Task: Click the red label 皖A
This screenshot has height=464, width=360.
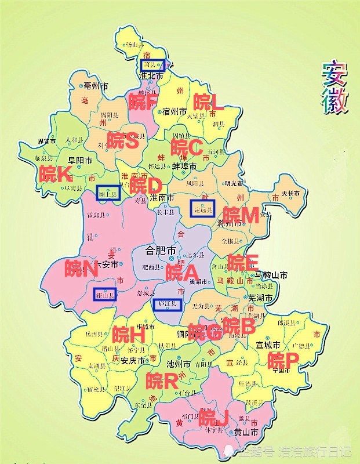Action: (x=181, y=271)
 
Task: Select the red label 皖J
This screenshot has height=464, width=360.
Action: (x=212, y=416)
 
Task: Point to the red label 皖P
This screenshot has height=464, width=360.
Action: (x=283, y=360)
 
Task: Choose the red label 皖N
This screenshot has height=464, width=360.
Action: (x=82, y=268)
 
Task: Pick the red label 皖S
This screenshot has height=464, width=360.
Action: (x=122, y=140)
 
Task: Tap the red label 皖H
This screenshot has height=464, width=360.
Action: (x=128, y=334)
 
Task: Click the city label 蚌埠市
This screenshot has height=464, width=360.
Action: (x=184, y=166)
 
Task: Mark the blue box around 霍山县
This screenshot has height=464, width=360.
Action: (x=105, y=295)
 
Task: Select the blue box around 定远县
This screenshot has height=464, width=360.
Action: (x=202, y=209)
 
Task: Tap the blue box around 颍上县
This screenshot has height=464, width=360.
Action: (x=108, y=193)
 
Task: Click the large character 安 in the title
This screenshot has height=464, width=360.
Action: (x=334, y=74)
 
